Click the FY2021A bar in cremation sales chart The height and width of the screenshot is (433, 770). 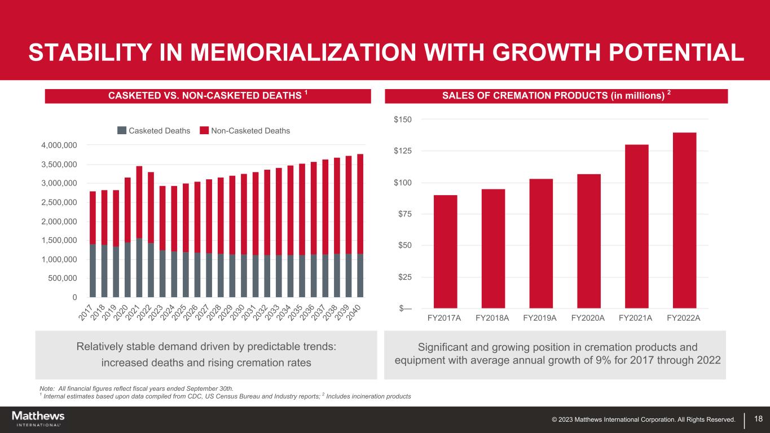[x=636, y=226]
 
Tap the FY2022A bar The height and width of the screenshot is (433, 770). [x=684, y=220]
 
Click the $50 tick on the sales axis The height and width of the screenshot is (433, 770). [x=403, y=245]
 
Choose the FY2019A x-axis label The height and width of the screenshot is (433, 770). [x=540, y=318]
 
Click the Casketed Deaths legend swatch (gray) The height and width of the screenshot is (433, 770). [x=122, y=131]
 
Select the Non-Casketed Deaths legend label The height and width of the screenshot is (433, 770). [x=250, y=131]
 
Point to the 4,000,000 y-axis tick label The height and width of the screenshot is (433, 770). [x=59, y=145]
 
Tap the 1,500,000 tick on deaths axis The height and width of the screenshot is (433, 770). [x=59, y=241]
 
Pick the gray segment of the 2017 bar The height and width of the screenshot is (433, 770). [x=93, y=271]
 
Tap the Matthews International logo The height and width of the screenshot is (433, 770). [x=38, y=418]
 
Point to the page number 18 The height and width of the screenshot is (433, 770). [x=758, y=419]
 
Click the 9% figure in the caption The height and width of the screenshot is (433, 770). [x=577, y=360]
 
